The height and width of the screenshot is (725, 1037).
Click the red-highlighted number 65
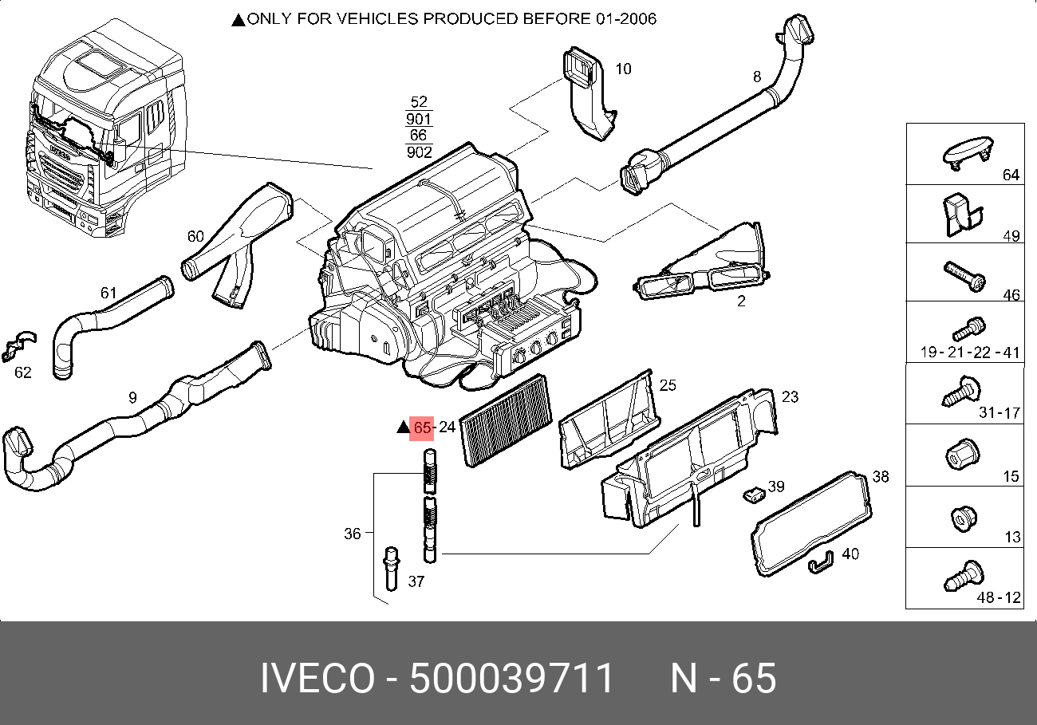pos(421,428)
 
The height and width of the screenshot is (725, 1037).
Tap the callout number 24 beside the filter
pos(447,428)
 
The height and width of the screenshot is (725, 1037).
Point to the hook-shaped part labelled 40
pos(822,563)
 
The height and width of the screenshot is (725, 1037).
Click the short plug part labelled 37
pos(391,567)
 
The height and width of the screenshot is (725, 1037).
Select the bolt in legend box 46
pos(964,276)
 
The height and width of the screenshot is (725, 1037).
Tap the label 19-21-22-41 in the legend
pos(970,353)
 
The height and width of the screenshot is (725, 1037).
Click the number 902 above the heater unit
pos(419,152)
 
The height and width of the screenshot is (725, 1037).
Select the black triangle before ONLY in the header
pos(238,20)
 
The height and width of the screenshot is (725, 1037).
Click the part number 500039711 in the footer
pos(511,680)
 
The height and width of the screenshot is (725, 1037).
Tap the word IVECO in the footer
pos(317,680)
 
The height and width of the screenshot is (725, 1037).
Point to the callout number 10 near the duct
pos(623,69)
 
